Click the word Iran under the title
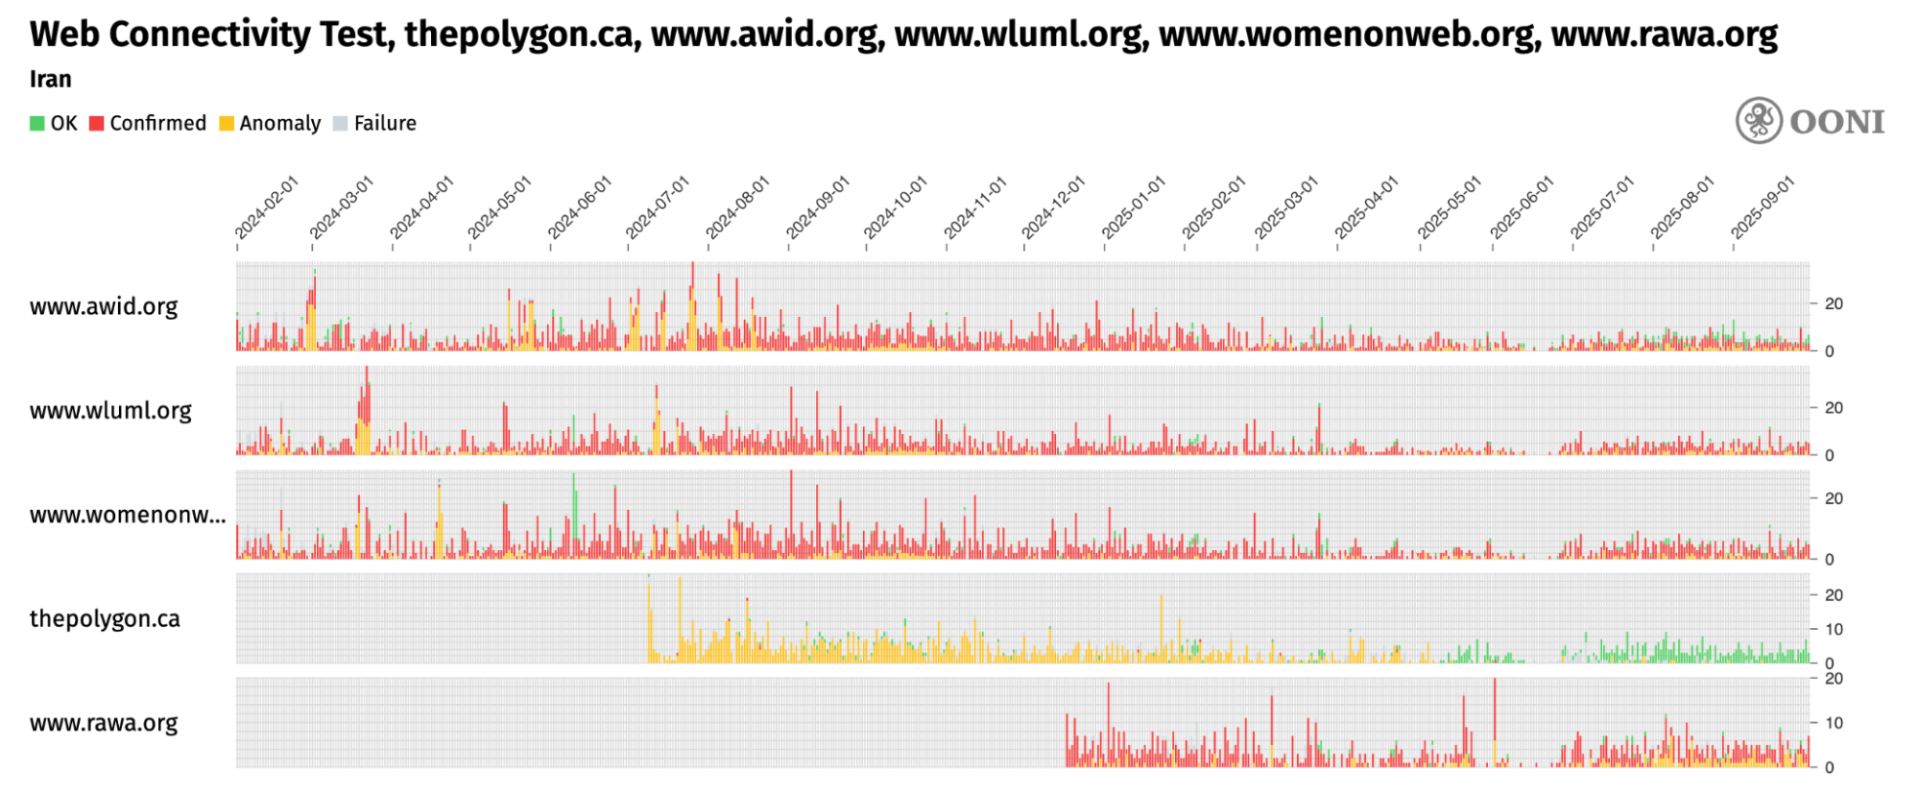pyautogui.click(x=50, y=79)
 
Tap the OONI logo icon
pyautogui.click(x=1759, y=121)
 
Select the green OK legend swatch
pyautogui.click(x=37, y=124)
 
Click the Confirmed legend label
pyautogui.click(x=157, y=123)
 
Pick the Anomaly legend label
pyautogui.click(x=279, y=123)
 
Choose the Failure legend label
pyautogui.click(x=385, y=123)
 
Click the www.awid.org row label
pyautogui.click(x=104, y=306)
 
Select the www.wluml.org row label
pyautogui.click(x=110, y=410)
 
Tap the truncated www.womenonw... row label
pyautogui.click(x=128, y=515)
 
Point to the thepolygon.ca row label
pyautogui.click(x=105, y=618)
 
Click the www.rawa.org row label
pyautogui.click(x=104, y=723)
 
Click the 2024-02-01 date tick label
pyautogui.click(x=266, y=207)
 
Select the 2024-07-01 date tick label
pyautogui.click(x=657, y=207)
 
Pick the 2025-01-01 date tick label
pyautogui.click(x=1133, y=207)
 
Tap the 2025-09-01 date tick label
pyautogui.click(x=1762, y=207)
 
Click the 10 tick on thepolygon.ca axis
pyautogui.click(x=1834, y=630)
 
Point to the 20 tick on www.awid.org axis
pyautogui.click(x=1834, y=303)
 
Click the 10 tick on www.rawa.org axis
pyautogui.click(x=1834, y=723)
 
